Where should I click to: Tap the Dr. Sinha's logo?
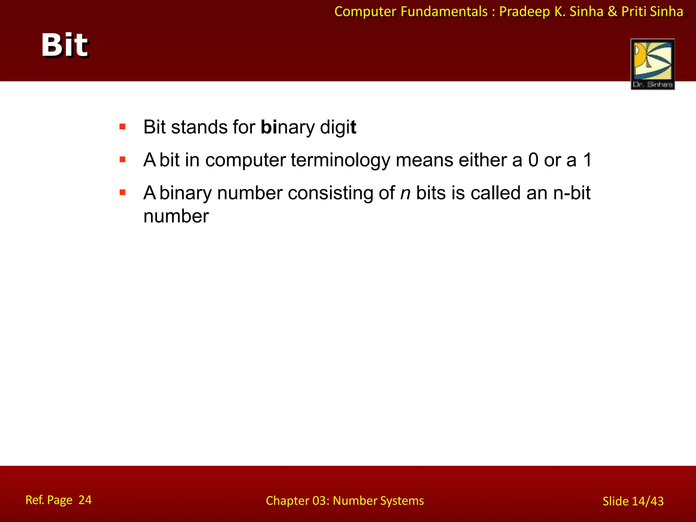[x=652, y=64]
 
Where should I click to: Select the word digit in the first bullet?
[x=338, y=127]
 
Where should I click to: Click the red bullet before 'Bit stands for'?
[x=123, y=127]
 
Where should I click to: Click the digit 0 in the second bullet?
[x=533, y=160]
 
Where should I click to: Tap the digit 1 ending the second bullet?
[x=587, y=160]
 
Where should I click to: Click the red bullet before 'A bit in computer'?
[x=123, y=159]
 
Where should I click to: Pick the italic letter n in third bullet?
[x=405, y=193]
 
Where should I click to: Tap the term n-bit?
[x=572, y=193]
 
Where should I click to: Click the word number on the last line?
[x=176, y=216]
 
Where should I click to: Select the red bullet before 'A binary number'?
[x=123, y=193]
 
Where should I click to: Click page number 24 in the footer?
[x=85, y=500]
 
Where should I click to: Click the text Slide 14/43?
[x=633, y=501]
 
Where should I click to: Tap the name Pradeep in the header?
[x=524, y=12]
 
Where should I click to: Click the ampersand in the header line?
[x=612, y=12]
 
